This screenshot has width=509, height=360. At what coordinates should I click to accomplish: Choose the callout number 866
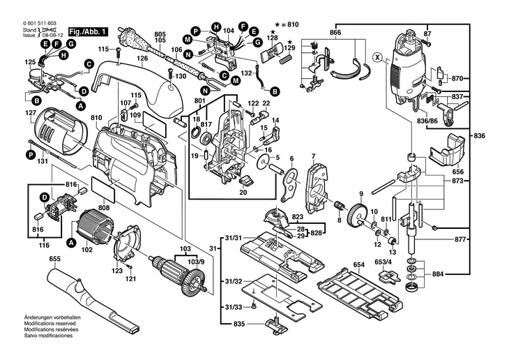click(335, 33)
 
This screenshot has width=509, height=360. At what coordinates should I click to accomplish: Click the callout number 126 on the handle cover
click(142, 59)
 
